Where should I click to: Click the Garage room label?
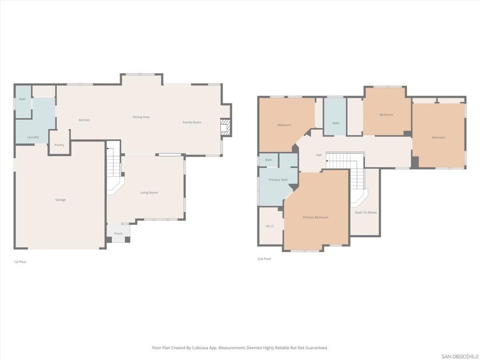[60, 200]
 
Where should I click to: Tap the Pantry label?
[59, 145]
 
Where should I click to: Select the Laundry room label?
[33, 137]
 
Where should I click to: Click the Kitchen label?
[84, 120]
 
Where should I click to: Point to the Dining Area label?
[141, 117]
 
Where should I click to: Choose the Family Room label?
[192, 122]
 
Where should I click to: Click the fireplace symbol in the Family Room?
[225, 127]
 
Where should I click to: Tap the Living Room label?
[149, 193]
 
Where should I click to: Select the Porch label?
[118, 233]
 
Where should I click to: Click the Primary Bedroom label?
[315, 217]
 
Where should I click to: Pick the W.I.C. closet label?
[270, 226]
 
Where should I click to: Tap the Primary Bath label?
[278, 180]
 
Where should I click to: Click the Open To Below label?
[365, 212]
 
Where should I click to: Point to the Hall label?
[319, 155]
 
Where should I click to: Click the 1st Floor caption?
[20, 262]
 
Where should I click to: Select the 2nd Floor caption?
[264, 259]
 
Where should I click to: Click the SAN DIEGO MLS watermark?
[460, 356]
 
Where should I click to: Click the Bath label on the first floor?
[22, 99]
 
